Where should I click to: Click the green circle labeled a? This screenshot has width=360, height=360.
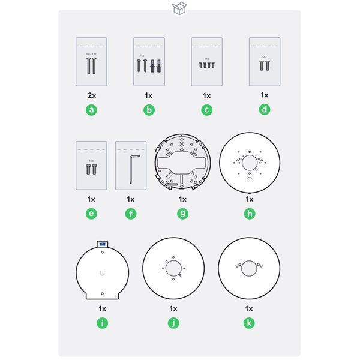click(91, 110)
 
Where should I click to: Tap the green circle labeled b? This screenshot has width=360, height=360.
click(149, 110)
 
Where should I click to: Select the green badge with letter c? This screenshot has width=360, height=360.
click(206, 110)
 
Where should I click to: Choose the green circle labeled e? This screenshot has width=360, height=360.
click(91, 214)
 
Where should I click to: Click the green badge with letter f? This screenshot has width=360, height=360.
click(131, 214)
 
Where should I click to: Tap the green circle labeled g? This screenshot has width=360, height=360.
click(182, 214)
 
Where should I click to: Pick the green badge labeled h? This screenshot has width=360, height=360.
click(250, 214)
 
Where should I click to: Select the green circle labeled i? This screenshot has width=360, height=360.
click(103, 323)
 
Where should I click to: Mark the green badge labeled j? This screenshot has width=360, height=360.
click(173, 323)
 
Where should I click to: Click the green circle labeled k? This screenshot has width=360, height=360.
click(250, 323)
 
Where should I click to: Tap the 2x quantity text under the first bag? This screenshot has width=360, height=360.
click(91, 95)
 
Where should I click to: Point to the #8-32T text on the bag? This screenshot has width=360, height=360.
click(91, 54)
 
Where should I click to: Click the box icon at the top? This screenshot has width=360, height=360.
click(179, 8)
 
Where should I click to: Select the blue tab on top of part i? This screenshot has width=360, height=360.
click(102, 244)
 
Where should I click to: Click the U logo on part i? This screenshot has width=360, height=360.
click(103, 273)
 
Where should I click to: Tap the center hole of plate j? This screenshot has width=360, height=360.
click(174, 269)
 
